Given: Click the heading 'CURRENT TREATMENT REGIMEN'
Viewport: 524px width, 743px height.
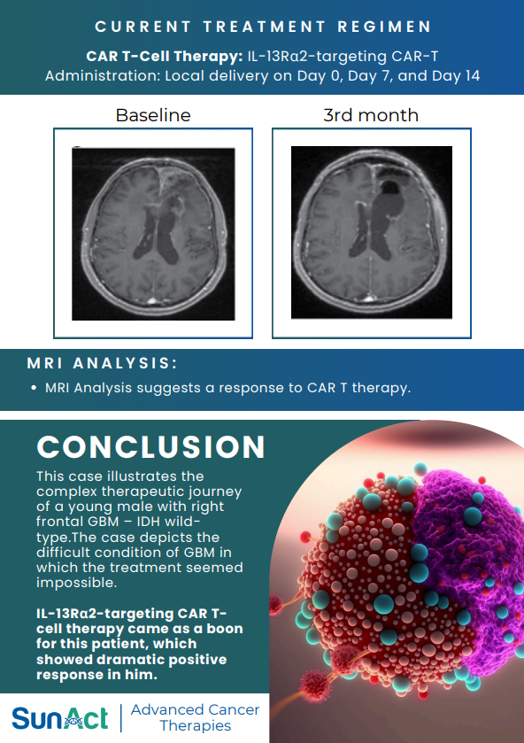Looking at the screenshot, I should pyautogui.click(x=263, y=27).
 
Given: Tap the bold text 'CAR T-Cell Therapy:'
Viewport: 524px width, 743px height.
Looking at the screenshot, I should pyautogui.click(x=165, y=56).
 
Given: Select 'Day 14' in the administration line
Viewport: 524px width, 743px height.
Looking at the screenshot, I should pyautogui.click(x=459, y=76).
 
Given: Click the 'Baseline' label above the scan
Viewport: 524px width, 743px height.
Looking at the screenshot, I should pyautogui.click(x=153, y=115).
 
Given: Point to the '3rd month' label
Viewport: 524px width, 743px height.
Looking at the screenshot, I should pyautogui.click(x=371, y=115).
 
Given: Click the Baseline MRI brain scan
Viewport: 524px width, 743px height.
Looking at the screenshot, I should pyautogui.click(x=153, y=234).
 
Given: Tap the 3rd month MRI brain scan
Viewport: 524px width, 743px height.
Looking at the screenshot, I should pyautogui.click(x=371, y=234).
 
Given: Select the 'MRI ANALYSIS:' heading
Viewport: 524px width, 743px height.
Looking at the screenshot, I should pyautogui.click(x=102, y=364).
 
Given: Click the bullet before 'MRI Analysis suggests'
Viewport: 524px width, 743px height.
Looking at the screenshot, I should pyautogui.click(x=34, y=388).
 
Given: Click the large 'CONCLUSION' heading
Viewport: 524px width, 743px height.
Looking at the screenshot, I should pyautogui.click(x=151, y=446).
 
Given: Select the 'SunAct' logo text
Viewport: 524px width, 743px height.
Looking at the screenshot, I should pyautogui.click(x=59, y=717).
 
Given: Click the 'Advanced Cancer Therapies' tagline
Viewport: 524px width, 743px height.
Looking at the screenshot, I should pyautogui.click(x=195, y=717).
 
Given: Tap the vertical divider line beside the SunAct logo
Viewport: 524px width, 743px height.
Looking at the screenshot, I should pyautogui.click(x=120, y=717).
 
